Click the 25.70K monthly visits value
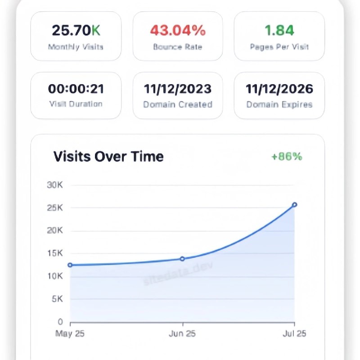76,31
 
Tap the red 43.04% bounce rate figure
178,31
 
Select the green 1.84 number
279,31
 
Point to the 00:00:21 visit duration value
76,89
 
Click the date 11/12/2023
178,89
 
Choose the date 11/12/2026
279,89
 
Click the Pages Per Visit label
279,46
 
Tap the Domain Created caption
178,104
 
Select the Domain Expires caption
279,104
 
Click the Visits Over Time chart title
108,157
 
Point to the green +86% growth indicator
287,157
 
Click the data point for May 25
70,265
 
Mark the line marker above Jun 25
182,259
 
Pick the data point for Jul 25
295,205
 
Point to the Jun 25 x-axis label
182,334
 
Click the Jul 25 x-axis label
295,334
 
